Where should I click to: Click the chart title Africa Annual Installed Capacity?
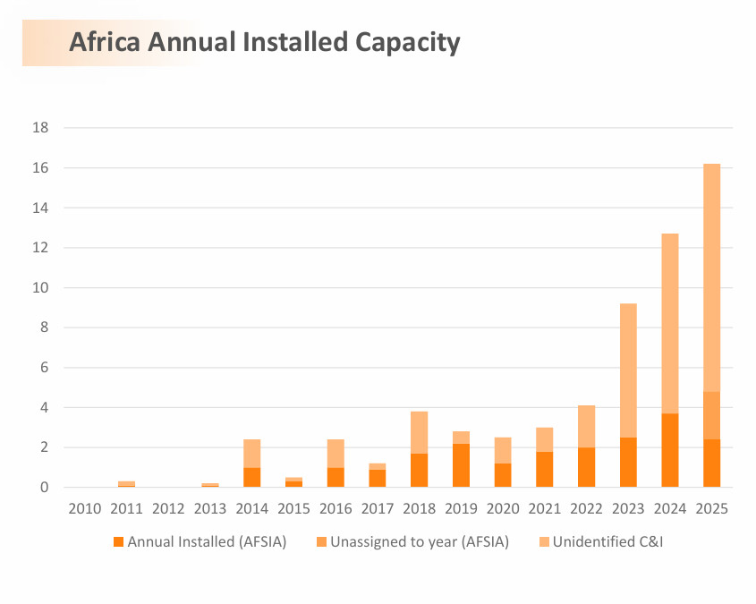[265, 42]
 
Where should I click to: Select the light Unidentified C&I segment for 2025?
[711, 277]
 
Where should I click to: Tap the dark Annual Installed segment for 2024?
[669, 450]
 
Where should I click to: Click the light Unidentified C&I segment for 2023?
[628, 370]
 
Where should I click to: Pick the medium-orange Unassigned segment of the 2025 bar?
[711, 415]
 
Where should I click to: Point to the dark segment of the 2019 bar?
[461, 465]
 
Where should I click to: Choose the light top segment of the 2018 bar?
[419, 432]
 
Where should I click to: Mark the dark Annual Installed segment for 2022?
[586, 467]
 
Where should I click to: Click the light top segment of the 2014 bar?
[251, 454]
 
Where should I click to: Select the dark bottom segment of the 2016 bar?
[336, 477]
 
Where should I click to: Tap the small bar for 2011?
[126, 484]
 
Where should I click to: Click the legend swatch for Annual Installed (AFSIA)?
[118, 541]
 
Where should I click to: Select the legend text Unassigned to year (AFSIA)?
[419, 541]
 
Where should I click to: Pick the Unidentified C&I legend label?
[607, 541]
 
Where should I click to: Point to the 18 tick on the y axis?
[40, 128]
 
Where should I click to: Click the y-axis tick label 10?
[40, 288]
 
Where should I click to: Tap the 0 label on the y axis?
[44, 488]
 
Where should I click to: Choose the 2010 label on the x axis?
[84, 508]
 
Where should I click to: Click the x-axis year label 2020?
[502, 508]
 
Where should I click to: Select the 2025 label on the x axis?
[711, 508]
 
